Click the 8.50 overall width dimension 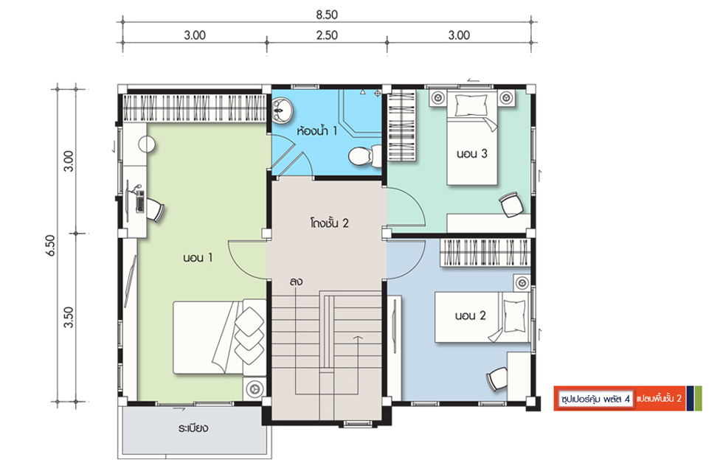pyautogui.click(x=326, y=15)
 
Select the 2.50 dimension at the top pyautogui.click(x=327, y=35)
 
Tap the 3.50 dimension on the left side pyautogui.click(x=68, y=318)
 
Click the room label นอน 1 pyautogui.click(x=198, y=257)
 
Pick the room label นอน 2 pyautogui.click(x=470, y=316)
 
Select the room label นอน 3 pyautogui.click(x=471, y=154)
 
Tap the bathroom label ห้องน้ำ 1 pyautogui.click(x=316, y=131)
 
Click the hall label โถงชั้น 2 pyautogui.click(x=329, y=223)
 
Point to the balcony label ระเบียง pyautogui.click(x=193, y=428)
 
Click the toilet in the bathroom pyautogui.click(x=365, y=156)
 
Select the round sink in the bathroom pyautogui.click(x=281, y=110)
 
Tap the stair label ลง pyautogui.click(x=296, y=282)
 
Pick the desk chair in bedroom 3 pyautogui.click(x=511, y=204)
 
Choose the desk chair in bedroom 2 pyautogui.click(x=497, y=379)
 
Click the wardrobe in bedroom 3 pyautogui.click(x=401, y=125)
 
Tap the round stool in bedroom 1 pyautogui.click(x=147, y=144)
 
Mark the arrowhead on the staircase pyautogui.click(x=357, y=338)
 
